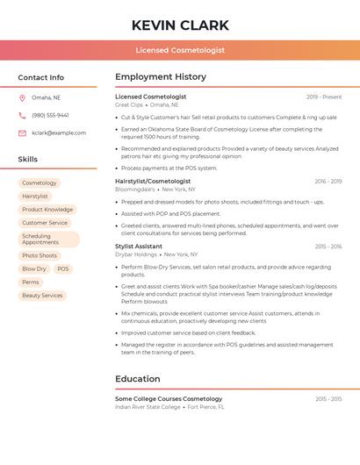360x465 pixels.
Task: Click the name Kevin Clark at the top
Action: pyautogui.click(x=180, y=25)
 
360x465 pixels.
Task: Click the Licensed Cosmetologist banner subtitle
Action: pyautogui.click(x=180, y=50)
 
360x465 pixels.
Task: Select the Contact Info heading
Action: pyautogui.click(x=40, y=77)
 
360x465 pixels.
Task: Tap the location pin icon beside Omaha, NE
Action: pyautogui.click(x=22, y=97)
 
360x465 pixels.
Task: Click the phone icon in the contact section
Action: pyautogui.click(x=22, y=115)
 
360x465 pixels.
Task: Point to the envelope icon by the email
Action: pyautogui.click(x=22, y=133)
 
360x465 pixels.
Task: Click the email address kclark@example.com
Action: pyautogui.click(x=59, y=133)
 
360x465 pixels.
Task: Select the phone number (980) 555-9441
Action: pyautogui.click(x=50, y=115)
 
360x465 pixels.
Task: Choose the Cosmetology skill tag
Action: pyautogui.click(x=40, y=182)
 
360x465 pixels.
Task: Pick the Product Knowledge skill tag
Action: pyautogui.click(x=47, y=210)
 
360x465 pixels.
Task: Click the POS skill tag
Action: pyautogui.click(x=62, y=268)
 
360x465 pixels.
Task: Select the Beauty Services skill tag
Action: pyautogui.click(x=42, y=296)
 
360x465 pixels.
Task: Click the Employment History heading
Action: pyautogui.click(x=161, y=77)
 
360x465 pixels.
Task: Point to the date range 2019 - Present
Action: pyautogui.click(x=324, y=97)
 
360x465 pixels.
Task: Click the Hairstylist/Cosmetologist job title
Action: pyautogui.click(x=153, y=181)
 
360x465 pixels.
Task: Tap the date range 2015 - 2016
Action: pyautogui.click(x=328, y=247)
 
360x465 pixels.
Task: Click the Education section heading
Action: pyautogui.click(x=138, y=379)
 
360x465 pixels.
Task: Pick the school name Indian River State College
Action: pyautogui.click(x=148, y=407)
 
